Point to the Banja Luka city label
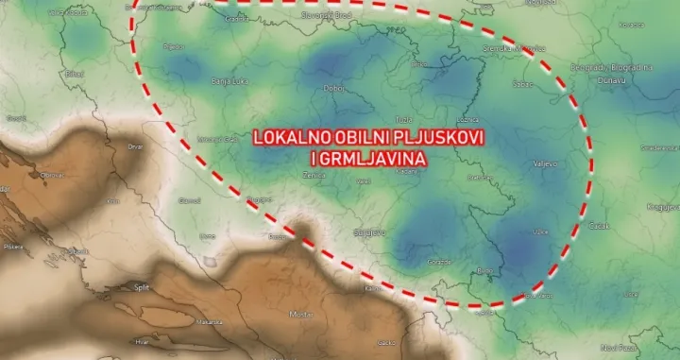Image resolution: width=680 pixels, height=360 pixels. (230, 83)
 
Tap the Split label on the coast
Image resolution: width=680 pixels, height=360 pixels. (143, 287)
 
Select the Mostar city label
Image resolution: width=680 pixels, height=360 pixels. (300, 313)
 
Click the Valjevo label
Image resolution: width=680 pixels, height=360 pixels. (546, 163)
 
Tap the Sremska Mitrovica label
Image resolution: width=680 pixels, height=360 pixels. (514, 47)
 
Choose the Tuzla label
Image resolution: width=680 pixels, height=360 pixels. (404, 120)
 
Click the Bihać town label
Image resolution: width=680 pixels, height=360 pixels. (75, 73)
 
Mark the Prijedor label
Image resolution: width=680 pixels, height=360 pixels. (173, 45)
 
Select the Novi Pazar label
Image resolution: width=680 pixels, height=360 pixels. (641, 346)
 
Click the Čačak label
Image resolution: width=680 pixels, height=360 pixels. (598, 226)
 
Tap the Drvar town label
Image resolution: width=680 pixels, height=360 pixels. (135, 146)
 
